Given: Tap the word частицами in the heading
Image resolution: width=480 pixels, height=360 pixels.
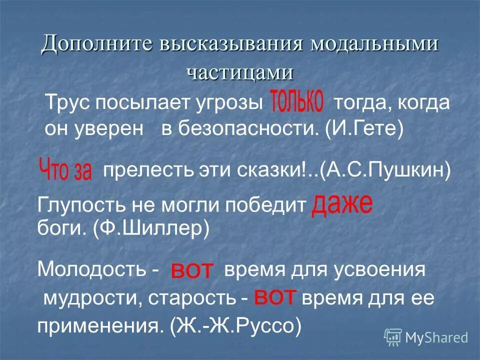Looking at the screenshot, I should pyautogui.click(x=240, y=72).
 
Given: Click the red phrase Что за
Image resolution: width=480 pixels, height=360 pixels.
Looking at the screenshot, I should pyautogui.click(x=65, y=169).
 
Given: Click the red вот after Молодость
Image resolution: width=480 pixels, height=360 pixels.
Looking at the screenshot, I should pyautogui.click(x=192, y=271).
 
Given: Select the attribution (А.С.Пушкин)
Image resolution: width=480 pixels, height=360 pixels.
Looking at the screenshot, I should pyautogui.click(x=385, y=172).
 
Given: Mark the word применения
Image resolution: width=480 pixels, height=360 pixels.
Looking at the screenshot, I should pyautogui.click(x=100, y=326).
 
